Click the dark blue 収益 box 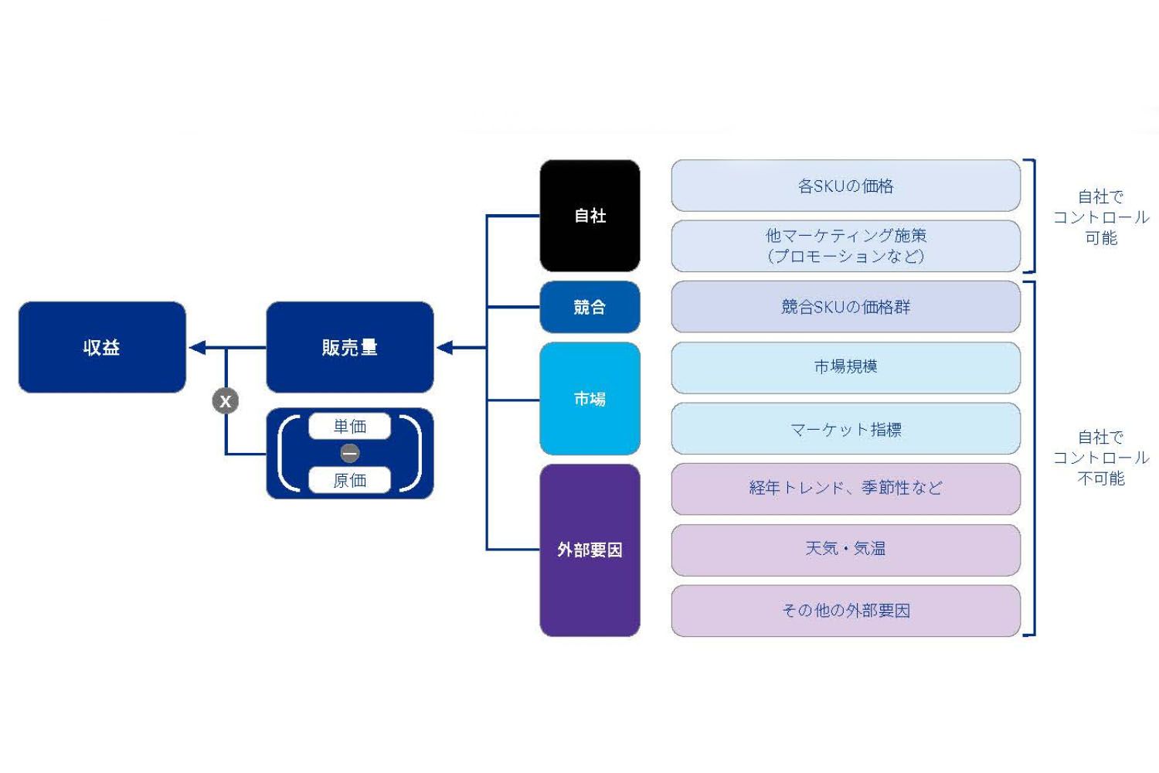point(102,347)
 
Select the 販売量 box point(349,347)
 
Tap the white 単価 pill point(349,426)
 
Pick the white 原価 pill point(349,480)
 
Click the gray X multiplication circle point(226,400)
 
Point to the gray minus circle point(349,453)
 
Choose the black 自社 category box point(590,216)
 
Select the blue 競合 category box point(590,307)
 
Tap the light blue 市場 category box point(590,398)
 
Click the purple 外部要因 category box point(590,550)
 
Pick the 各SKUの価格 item point(845,186)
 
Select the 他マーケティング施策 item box point(845,246)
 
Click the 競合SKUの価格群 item point(845,307)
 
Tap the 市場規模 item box point(845,367)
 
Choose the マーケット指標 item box point(845,428)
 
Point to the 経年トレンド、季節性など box point(845,489)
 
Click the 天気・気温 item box point(845,550)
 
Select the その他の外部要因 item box point(845,611)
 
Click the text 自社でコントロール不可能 point(1101,458)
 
